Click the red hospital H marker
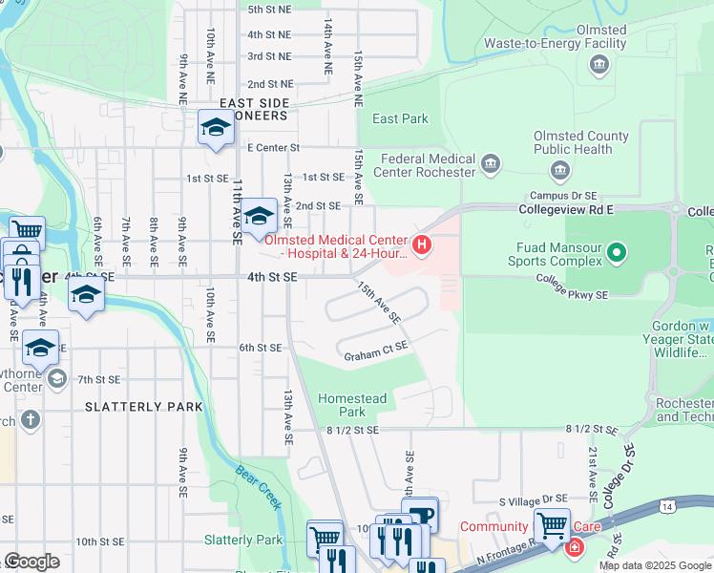[x=421, y=246]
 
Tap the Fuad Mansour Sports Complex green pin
[x=618, y=253]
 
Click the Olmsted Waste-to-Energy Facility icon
[x=598, y=65]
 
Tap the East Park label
[x=400, y=118]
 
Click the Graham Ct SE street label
[x=375, y=356]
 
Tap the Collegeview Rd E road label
[x=569, y=208]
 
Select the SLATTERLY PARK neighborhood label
[x=144, y=407]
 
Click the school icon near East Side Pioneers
[x=216, y=128]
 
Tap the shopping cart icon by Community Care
[x=552, y=525]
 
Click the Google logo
[x=31, y=562]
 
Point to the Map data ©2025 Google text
[x=654, y=565]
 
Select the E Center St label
[x=273, y=148]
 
